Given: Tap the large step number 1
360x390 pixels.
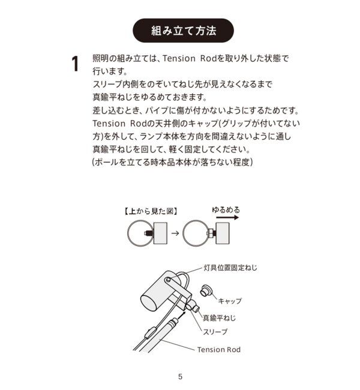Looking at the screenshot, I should (x=76, y=64).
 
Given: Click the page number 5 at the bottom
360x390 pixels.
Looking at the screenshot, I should (x=180, y=377).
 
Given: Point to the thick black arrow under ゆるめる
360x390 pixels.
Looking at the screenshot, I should (x=226, y=219).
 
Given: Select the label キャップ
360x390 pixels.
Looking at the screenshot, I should (x=230, y=301).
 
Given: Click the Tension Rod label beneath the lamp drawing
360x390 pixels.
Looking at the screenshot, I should (x=218, y=349).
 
